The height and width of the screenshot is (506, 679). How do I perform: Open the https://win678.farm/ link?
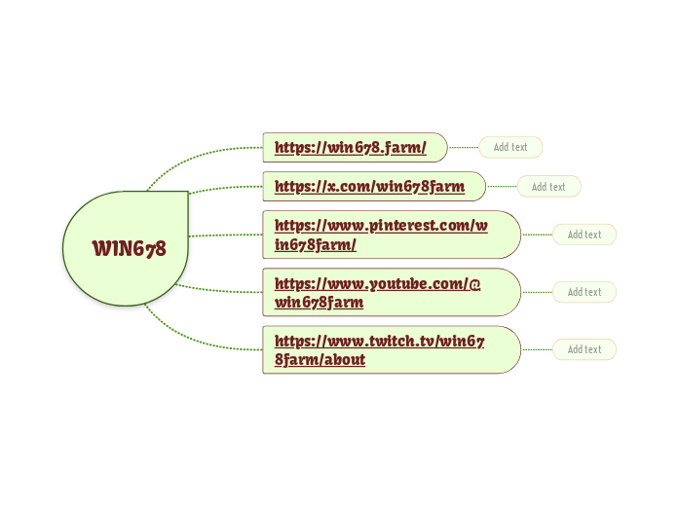tap(351, 148)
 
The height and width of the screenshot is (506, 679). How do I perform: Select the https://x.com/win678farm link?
tap(369, 186)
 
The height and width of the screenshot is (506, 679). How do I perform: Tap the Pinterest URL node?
tap(381, 235)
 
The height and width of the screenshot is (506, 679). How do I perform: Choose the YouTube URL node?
tap(378, 292)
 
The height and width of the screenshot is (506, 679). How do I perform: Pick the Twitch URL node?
tap(380, 349)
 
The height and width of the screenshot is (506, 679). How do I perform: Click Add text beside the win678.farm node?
tap(510, 148)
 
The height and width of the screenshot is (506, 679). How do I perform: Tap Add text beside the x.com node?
tap(548, 187)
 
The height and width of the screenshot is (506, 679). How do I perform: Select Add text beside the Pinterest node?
tap(585, 235)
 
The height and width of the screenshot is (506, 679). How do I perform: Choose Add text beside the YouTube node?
tap(585, 292)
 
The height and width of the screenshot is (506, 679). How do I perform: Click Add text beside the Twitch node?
tap(585, 349)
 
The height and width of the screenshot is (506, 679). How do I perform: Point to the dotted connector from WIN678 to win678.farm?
tap(195, 156)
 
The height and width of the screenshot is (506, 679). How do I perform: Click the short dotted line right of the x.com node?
tap(501, 186)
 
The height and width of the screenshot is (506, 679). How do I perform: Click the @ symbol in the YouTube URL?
tap(474, 283)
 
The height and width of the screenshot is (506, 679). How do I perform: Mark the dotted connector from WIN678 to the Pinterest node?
tap(225, 235)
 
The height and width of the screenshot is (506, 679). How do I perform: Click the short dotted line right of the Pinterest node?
tap(537, 235)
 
